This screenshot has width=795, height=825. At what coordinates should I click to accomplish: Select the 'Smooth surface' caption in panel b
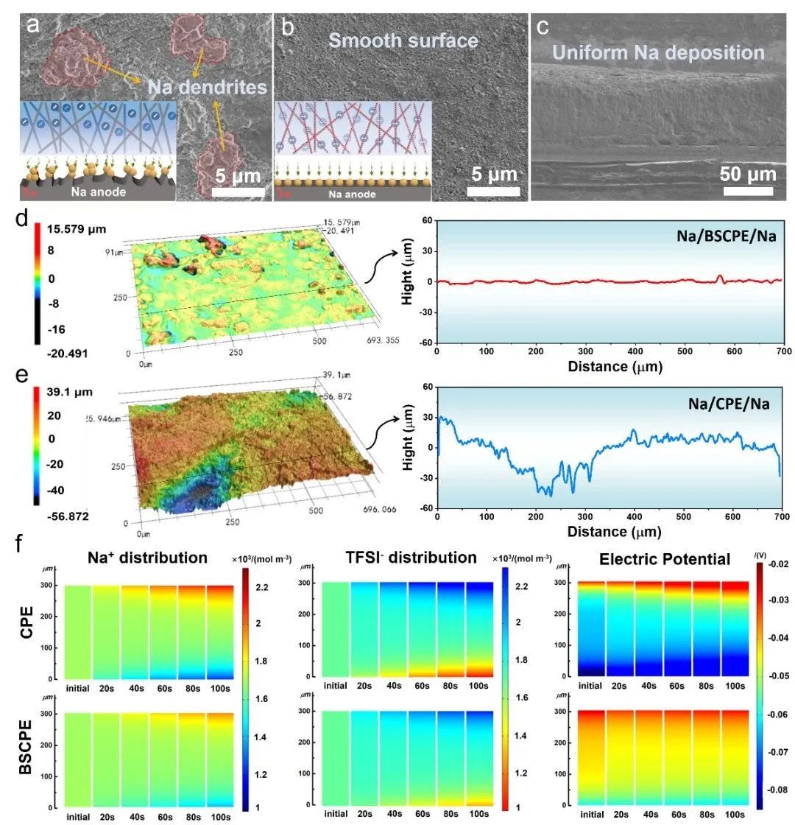403,40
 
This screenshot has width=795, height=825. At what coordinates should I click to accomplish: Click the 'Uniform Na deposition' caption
658,52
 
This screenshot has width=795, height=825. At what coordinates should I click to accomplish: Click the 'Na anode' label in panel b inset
351,194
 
